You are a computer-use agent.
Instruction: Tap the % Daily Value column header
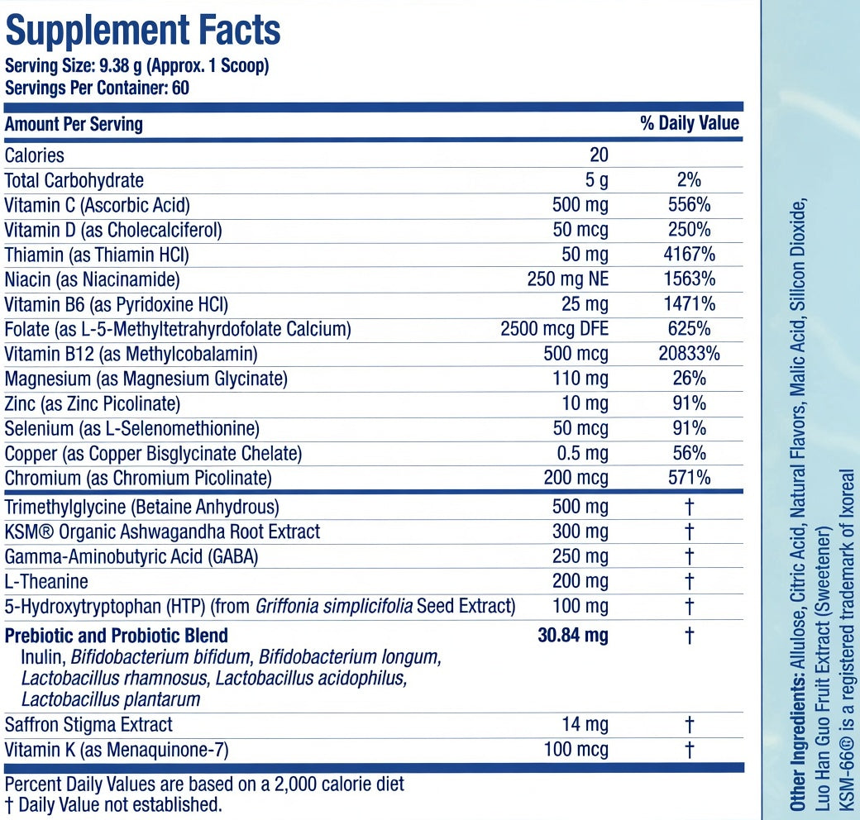tap(690, 123)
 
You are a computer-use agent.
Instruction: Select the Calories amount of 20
tap(599, 155)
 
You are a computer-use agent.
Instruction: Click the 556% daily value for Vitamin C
tap(690, 205)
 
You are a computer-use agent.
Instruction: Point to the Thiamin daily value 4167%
tap(690, 255)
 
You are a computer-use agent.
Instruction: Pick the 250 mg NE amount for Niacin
tap(568, 279)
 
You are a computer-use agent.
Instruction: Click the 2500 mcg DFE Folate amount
tap(555, 329)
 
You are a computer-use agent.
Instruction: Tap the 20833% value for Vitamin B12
tap(690, 354)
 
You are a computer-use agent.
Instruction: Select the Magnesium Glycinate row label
tap(146, 379)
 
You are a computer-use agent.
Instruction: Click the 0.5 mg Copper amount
tap(582, 453)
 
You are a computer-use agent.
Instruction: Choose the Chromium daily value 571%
tap(690, 478)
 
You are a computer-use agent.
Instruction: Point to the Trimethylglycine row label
tap(141, 507)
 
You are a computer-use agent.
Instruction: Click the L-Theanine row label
tap(46, 581)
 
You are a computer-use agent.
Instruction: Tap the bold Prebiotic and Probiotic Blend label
tap(117, 636)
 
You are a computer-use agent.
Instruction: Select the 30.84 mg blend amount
tap(573, 636)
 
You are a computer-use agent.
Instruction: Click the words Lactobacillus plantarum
tap(111, 700)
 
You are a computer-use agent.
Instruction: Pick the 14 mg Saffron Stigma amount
tap(585, 725)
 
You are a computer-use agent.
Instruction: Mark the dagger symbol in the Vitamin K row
tap(690, 749)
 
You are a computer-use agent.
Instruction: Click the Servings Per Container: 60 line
tap(97, 88)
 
